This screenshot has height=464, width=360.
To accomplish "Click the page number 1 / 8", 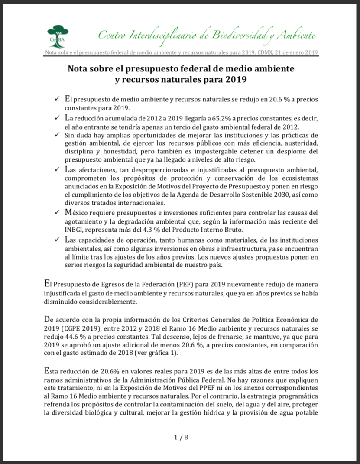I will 181,437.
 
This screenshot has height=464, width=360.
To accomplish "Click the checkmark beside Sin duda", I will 57,135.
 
